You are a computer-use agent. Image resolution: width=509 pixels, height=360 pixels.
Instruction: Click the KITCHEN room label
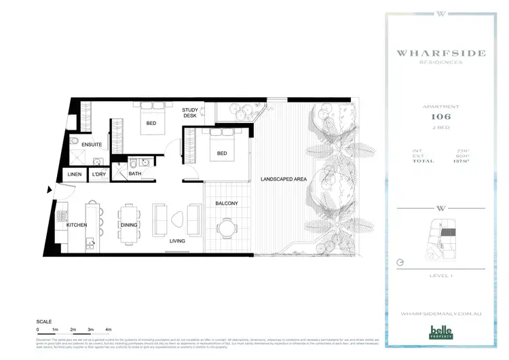[77, 225]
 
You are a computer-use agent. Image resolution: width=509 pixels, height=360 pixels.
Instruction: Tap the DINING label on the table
[129, 225]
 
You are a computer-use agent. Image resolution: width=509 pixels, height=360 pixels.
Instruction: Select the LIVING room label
[177, 240]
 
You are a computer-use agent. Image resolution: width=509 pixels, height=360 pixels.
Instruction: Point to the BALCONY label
[226, 203]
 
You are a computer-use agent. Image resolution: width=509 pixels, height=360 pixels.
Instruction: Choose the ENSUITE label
[91, 145]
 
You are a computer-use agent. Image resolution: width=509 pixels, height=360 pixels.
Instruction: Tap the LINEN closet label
[75, 175]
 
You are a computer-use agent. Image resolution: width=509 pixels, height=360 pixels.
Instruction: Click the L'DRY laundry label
[99, 175]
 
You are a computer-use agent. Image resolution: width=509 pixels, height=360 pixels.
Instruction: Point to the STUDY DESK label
[189, 113]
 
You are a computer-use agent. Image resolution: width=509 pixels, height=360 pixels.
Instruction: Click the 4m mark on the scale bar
[109, 329]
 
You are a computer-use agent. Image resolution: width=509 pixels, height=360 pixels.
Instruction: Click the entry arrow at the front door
[50, 193]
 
